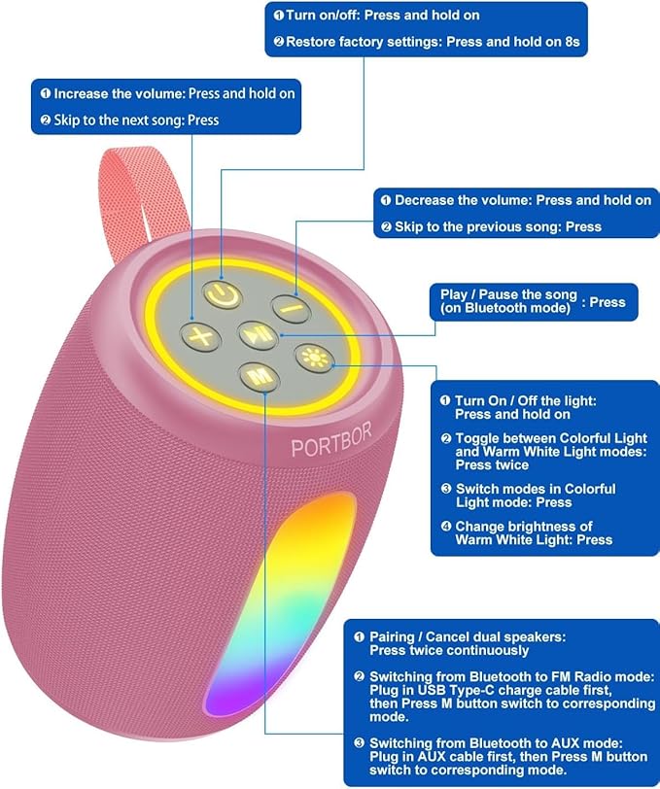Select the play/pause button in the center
[255, 335]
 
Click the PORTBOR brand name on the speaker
[331, 446]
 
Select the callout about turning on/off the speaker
[427, 28]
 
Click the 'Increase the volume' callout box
[167, 107]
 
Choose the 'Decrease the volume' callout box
[514, 213]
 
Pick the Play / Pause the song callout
[533, 302]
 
